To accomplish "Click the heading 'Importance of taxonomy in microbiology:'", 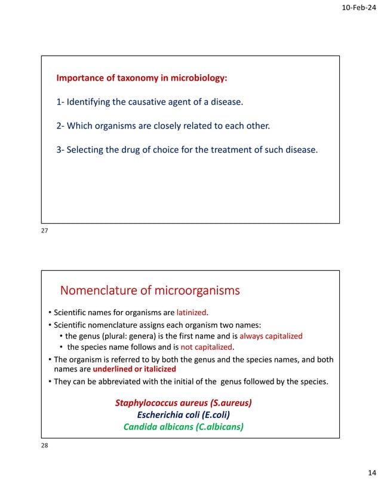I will [x=142, y=78].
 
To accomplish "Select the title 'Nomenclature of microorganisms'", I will [x=149, y=291].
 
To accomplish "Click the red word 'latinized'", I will [x=195, y=312].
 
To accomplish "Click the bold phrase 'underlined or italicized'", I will [x=134, y=369].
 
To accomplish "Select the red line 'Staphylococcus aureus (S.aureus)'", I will [x=183, y=403].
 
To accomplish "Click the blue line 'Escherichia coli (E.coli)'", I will [x=183, y=414].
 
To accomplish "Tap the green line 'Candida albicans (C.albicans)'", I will [x=183, y=426].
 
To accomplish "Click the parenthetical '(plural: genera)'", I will [x=125, y=336].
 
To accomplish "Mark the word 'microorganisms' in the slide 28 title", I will [x=197, y=291].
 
